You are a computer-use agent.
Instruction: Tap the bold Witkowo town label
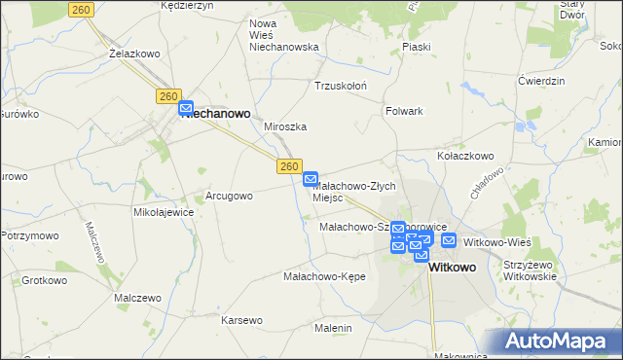coord(453,267)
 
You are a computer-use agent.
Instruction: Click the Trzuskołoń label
coord(341,85)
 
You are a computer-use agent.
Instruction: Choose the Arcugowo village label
coord(229,196)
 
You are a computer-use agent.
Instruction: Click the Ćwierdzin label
coord(542,81)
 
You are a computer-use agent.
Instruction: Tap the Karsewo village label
coord(241,320)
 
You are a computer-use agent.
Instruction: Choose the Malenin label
coord(333,328)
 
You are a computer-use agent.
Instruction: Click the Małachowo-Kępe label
coord(323,276)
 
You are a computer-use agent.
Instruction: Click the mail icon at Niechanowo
coord(187,110)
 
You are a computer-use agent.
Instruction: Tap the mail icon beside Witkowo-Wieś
coord(448,240)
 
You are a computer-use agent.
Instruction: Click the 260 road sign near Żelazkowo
coord(82,9)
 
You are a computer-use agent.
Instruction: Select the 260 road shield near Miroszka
coord(287,166)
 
